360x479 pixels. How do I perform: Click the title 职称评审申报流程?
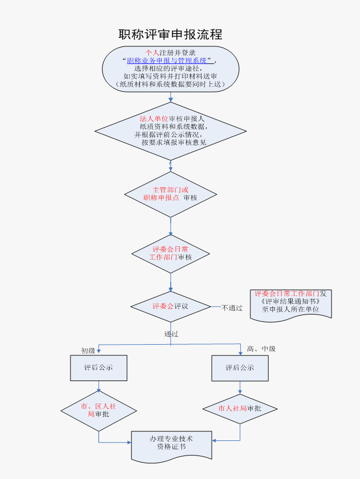click(170, 34)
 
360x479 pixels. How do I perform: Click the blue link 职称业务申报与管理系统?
click(168, 60)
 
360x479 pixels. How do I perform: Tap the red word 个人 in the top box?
click(152, 52)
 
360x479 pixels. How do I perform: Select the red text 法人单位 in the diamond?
click(153, 119)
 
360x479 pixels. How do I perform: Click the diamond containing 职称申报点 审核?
click(170, 194)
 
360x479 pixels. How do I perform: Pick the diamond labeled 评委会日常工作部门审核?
click(170, 253)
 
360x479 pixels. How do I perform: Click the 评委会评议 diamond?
click(170, 307)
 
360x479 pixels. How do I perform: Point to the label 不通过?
click(232, 308)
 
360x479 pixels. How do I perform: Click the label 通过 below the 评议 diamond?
click(171, 334)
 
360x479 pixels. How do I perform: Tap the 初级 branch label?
click(88, 351)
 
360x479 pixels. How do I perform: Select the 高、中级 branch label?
click(261, 349)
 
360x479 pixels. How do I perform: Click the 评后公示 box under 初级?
click(99, 368)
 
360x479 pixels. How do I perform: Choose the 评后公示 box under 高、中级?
click(240, 368)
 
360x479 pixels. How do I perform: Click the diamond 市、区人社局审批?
click(99, 410)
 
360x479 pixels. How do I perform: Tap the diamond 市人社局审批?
click(240, 408)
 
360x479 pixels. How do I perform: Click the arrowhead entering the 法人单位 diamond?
click(171, 100)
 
